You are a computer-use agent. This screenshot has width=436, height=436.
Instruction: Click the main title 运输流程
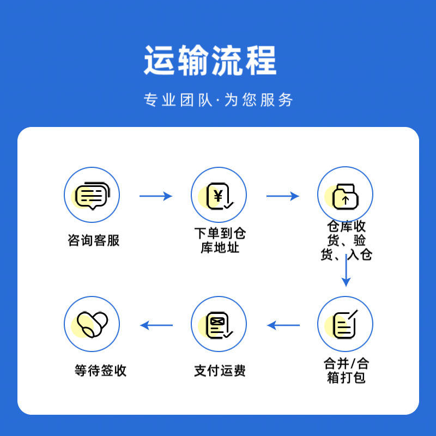click(210, 60)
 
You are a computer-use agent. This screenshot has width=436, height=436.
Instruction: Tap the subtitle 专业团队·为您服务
click(219, 100)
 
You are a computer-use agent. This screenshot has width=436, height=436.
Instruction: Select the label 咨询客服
click(93, 240)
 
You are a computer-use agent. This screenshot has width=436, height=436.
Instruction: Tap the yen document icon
click(220, 196)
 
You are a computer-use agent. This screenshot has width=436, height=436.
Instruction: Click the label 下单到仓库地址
click(220, 240)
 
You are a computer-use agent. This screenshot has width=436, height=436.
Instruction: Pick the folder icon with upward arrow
click(346, 196)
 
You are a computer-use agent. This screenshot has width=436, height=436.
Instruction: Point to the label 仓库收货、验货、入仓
click(346, 240)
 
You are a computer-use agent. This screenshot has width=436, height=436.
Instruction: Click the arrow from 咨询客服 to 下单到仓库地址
click(156, 196)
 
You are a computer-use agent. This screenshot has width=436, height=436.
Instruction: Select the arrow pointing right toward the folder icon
click(282, 196)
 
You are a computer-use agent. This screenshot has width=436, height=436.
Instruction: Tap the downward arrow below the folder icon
click(346, 270)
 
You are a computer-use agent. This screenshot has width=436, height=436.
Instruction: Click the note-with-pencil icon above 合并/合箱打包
click(345, 324)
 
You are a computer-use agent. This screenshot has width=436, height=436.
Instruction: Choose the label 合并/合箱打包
click(346, 371)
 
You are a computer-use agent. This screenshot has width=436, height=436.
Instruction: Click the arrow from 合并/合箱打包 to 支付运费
click(283, 325)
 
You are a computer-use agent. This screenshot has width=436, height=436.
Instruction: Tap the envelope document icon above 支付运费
click(220, 325)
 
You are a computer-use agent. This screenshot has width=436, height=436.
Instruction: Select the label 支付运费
click(220, 371)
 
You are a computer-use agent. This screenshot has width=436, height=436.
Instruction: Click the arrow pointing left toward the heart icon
click(156, 325)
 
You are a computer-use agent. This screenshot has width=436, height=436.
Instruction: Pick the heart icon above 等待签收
click(92, 324)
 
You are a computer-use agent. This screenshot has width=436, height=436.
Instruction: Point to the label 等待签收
click(100, 371)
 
